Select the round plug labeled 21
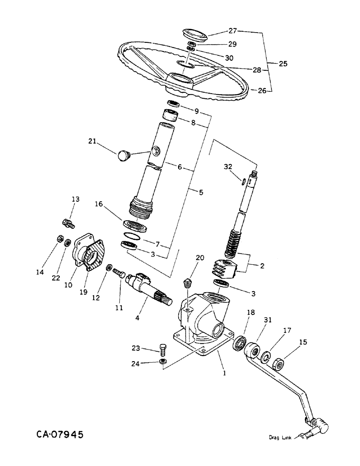[x=124, y=155]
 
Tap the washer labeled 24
[x=163, y=362]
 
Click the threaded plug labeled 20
[x=187, y=282]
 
